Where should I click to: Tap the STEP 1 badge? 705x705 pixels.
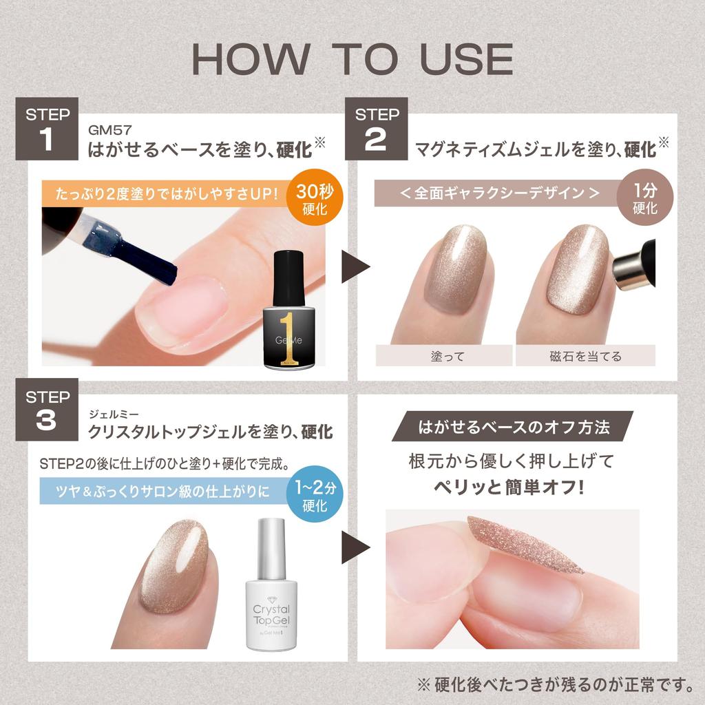(46, 129)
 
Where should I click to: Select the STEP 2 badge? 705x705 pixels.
(376, 129)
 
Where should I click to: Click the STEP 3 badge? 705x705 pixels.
(46, 411)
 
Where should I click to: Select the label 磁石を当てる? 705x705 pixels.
(585, 356)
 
